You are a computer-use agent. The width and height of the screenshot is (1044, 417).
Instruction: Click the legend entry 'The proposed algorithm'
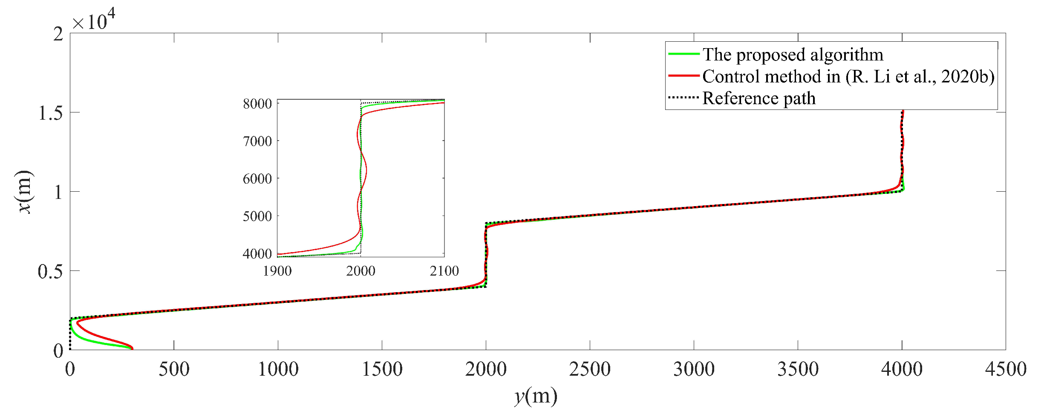(793, 55)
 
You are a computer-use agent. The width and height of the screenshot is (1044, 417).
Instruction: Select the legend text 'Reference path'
(758, 98)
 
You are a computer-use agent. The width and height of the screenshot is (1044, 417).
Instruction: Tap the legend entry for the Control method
(848, 77)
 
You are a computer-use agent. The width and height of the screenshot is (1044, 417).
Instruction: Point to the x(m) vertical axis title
(24, 191)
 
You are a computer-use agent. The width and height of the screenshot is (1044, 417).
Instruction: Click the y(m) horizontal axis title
(536, 397)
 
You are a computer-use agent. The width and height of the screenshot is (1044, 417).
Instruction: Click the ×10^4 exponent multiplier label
(93, 20)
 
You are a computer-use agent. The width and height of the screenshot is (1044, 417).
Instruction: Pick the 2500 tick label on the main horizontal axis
(590, 369)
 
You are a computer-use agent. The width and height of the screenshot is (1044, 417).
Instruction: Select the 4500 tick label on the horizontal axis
(1006, 369)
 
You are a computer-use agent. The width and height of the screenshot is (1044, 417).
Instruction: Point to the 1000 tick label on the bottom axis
(278, 369)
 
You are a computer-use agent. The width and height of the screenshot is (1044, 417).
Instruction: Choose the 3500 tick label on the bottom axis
(798, 369)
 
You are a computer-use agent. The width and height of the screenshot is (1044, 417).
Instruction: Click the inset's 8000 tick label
(257, 104)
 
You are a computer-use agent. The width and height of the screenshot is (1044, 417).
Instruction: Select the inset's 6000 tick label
(257, 178)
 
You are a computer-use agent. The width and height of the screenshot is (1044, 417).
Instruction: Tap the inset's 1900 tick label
(277, 271)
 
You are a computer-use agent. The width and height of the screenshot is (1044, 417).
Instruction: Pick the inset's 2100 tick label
(444, 271)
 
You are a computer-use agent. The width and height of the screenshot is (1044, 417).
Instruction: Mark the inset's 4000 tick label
(257, 254)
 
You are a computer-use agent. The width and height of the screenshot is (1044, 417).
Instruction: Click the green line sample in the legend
(684, 54)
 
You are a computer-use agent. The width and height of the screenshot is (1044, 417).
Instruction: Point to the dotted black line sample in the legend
(684, 98)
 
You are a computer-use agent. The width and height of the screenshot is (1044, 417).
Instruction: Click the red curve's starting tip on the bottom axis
(132, 349)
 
